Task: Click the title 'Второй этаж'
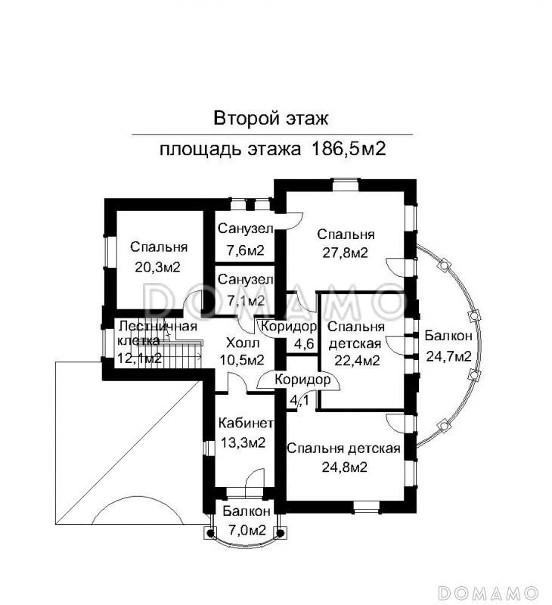coord(271,118)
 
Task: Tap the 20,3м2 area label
coord(158,266)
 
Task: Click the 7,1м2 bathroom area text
coord(241,300)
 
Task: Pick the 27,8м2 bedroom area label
coord(343,253)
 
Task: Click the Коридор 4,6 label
coord(288,327)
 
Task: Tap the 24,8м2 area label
coord(343,467)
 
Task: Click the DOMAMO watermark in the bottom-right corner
coord(489,591)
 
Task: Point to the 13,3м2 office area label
coord(241,443)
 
